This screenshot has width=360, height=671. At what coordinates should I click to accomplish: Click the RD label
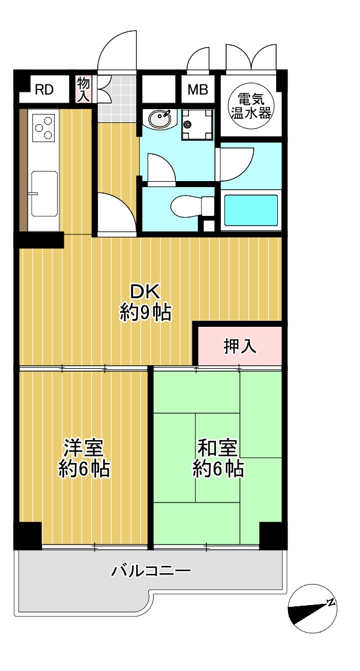click(x=44, y=90)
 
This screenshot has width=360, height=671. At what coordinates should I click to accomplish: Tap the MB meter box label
click(x=198, y=90)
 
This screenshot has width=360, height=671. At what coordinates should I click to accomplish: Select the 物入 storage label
click(x=83, y=89)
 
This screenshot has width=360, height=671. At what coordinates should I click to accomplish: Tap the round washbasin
click(x=160, y=119)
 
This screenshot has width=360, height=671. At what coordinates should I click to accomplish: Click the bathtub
click(x=251, y=210)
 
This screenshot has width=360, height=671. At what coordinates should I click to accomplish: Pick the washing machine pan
click(x=196, y=125)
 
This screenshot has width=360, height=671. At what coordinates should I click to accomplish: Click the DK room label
click(x=145, y=293)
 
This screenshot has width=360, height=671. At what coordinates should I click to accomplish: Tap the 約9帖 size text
click(x=146, y=314)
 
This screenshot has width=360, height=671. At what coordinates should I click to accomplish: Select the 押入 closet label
click(x=240, y=347)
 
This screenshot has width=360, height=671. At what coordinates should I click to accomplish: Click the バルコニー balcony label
click(x=151, y=571)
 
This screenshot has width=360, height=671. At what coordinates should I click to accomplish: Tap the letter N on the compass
click(x=331, y=603)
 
